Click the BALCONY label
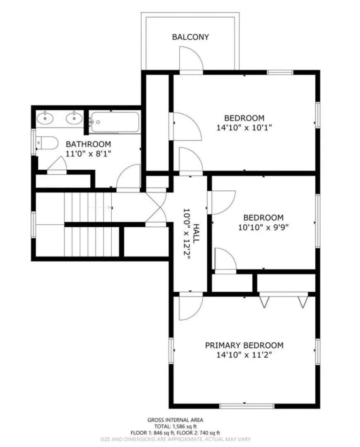190,37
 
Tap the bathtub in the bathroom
115,122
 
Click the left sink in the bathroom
45,118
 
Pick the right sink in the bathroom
74,118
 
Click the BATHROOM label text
89,144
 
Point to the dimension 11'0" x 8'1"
89,153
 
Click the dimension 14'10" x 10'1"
244,127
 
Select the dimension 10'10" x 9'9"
263,227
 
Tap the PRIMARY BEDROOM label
244,345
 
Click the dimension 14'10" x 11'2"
244,355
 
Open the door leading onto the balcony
191,60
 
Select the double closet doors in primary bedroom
283,300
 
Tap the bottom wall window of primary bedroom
247,406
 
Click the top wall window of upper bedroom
280,72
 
